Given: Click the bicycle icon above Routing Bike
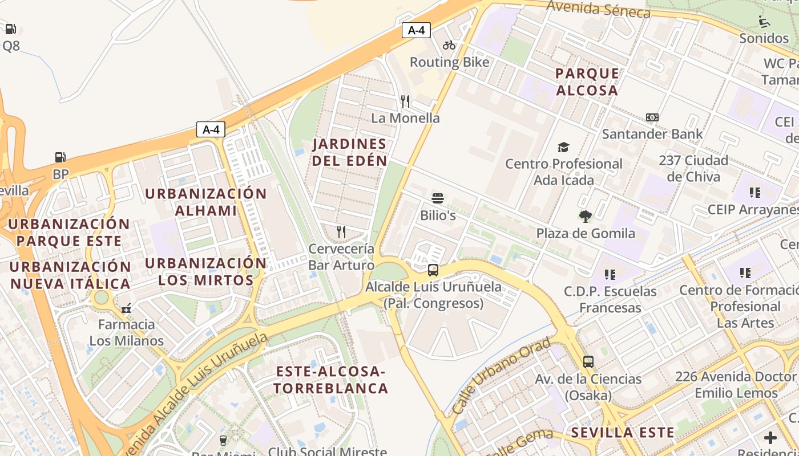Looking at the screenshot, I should point(449,45).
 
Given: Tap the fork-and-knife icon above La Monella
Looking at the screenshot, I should point(405,101).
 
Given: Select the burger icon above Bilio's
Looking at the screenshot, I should point(438,199).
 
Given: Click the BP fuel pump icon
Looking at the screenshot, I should point(60,157).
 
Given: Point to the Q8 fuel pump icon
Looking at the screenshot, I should point(10,29).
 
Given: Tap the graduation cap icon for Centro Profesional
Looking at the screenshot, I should point(563,147).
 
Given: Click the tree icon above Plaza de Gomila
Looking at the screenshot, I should point(585,216).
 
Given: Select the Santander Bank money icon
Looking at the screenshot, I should point(652,117).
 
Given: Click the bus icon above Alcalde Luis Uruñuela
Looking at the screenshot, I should point(433,270).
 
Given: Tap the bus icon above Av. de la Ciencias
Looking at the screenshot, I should point(588,361).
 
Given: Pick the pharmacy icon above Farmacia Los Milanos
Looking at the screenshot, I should point(126,308).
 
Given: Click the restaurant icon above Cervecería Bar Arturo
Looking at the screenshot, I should point(341,231).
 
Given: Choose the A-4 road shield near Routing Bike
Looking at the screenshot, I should point(416,30).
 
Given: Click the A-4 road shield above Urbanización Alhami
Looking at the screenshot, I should point(211,129).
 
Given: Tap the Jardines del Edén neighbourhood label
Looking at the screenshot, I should point(349,152).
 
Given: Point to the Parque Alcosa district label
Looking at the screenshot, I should point(587,82).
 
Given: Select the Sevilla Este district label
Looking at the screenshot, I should point(623,432).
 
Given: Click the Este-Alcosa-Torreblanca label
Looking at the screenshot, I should point(331,380).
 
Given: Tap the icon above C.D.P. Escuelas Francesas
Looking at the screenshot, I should point(610,275).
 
